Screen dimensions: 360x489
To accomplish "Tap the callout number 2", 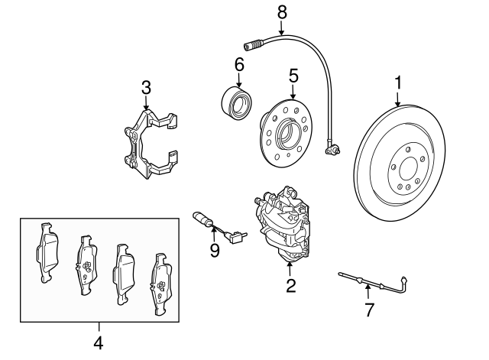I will [290, 287].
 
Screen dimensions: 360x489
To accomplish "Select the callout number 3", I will [146, 89].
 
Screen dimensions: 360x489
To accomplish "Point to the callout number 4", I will [98, 343].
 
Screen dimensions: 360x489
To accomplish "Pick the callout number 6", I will [239, 66].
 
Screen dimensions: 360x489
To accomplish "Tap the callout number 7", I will [369, 310].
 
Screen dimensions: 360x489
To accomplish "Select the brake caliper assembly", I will [282, 226].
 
